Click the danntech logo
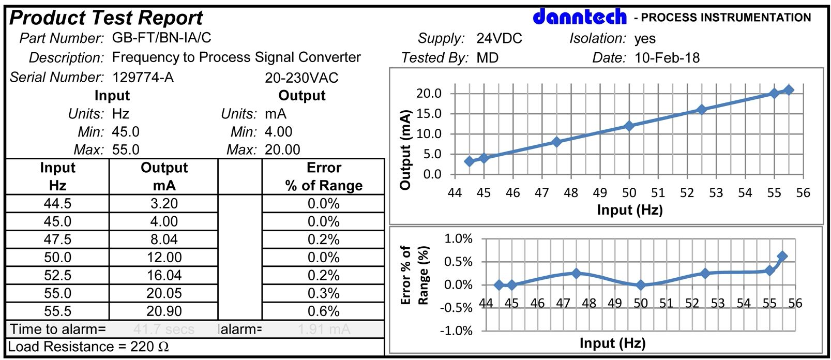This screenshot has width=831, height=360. tap(579, 17)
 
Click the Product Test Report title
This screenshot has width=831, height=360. tap(106, 18)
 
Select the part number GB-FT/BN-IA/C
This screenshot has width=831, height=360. tap(161, 38)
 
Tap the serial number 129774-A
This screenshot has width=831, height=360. tap(143, 78)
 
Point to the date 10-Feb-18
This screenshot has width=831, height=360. tap(667, 57)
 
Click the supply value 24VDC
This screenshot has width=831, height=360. tap(499, 38)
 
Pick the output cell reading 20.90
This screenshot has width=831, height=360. tap(164, 311)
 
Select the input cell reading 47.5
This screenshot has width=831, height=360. tap(57, 239)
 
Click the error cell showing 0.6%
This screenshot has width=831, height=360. tap(324, 311)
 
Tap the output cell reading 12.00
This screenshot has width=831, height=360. tap(164, 258)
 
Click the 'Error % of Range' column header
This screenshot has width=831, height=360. tap(324, 176)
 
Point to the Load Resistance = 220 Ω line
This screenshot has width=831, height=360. tap(88, 347)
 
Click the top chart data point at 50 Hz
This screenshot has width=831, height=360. tap(629, 126)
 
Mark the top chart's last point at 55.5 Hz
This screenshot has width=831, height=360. tap(789, 90)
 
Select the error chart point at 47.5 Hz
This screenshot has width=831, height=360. tap(576, 273)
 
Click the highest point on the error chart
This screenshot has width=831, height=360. tap(782, 256)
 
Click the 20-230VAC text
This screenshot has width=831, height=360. tap(301, 78)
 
